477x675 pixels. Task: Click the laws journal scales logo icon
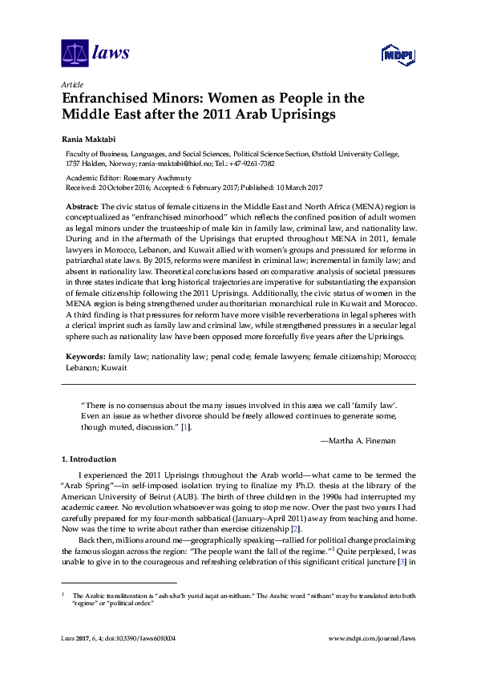point(74,55)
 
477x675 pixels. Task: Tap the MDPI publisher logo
point(396,55)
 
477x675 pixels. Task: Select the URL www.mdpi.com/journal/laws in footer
point(373,638)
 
